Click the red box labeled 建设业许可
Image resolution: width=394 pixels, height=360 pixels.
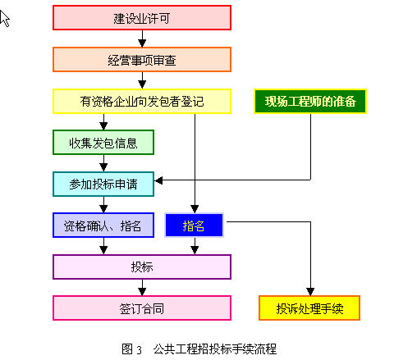tap(142, 18)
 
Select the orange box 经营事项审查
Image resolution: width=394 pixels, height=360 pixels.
tap(142, 60)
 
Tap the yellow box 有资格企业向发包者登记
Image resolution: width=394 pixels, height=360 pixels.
tap(142, 101)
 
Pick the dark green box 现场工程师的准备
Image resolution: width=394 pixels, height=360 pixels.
tap(310, 101)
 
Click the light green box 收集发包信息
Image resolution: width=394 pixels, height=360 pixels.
tap(103, 143)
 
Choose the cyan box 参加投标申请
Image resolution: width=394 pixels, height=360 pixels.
tap(103, 184)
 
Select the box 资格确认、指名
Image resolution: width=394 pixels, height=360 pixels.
tap(103, 226)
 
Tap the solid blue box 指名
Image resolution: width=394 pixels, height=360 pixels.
tap(194, 226)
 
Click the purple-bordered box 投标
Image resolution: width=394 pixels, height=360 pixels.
tap(142, 267)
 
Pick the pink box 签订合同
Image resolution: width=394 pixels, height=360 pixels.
tap(142, 308)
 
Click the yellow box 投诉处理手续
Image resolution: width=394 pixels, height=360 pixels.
tap(309, 308)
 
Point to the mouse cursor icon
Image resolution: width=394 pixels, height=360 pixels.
tap(4, 18)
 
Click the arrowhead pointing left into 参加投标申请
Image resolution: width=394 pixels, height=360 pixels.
tap(158, 180)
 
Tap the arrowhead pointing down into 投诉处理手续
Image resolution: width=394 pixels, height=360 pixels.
tap(310, 291)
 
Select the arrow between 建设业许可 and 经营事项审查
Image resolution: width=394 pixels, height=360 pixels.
tap(142, 39)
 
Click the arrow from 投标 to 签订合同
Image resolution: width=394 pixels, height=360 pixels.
tap(142, 288)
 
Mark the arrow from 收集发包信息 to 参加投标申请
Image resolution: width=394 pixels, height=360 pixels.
tap(103, 163)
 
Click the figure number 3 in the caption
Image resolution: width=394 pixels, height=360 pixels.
tap(140, 350)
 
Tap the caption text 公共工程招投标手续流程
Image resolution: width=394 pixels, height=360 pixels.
tap(215, 349)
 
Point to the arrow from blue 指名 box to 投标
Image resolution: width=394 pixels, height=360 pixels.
tap(195, 246)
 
